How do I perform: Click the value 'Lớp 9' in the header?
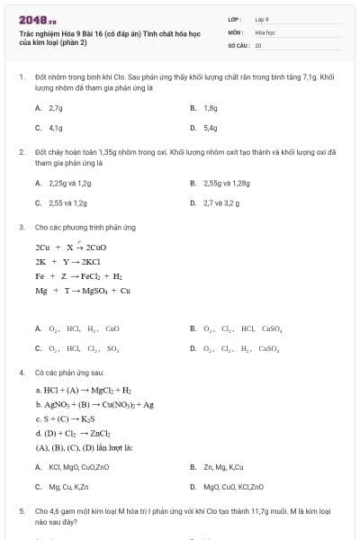262,18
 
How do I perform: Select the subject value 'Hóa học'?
264,31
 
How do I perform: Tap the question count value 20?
258,44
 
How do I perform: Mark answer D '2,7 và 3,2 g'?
220,202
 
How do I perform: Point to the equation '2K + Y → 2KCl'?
67,261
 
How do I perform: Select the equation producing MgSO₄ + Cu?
83,291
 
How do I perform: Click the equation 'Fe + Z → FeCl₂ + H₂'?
79,276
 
